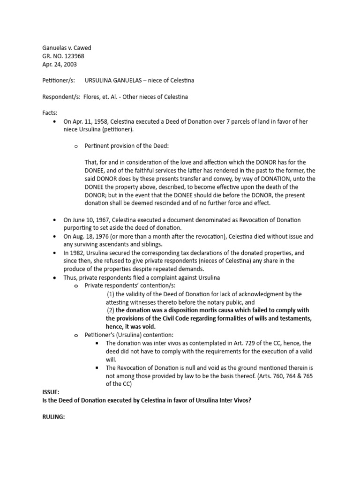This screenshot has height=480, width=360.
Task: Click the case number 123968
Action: [x=74, y=56]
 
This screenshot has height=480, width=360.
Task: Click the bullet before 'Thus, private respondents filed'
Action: [x=56, y=278]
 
